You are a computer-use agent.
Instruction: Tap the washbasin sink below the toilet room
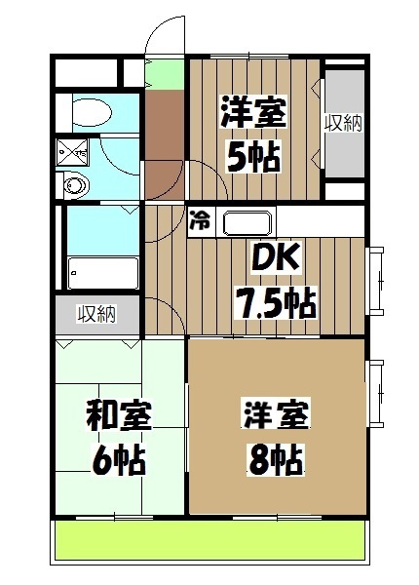[74, 183]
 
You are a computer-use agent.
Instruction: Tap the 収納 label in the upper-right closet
[343, 123]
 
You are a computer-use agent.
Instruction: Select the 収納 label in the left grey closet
[97, 314]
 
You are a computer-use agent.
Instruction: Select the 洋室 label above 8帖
[276, 414]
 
